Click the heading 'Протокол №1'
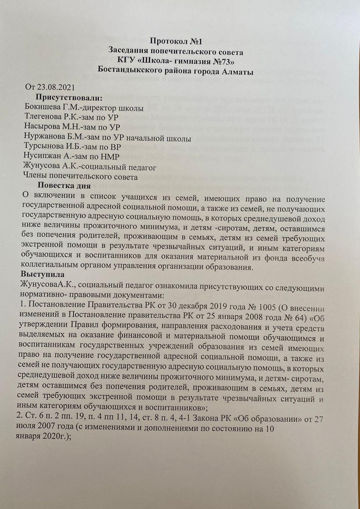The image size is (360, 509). pos(176,41)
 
